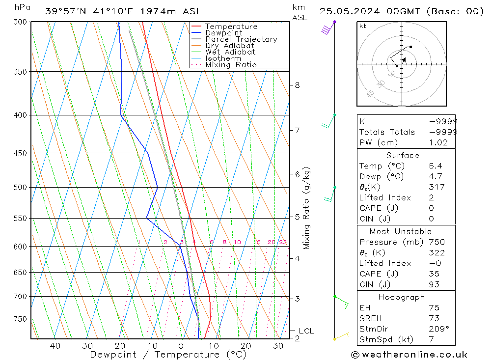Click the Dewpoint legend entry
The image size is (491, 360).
click(223, 33)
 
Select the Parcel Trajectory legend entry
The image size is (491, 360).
click(241, 39)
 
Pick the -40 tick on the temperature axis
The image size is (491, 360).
click(52, 346)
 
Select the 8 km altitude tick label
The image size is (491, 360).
click(297, 85)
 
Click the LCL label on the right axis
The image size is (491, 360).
click(306, 331)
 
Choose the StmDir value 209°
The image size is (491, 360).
click(438, 329)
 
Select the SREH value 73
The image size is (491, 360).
click(433, 318)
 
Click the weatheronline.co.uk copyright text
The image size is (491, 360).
click(409, 354)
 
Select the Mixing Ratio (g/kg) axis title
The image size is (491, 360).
click(307, 208)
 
